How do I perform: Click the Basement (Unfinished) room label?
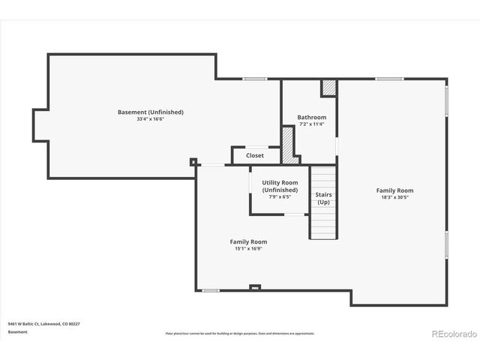[150, 112]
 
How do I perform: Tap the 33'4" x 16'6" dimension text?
[150, 118]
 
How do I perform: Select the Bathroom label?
[311, 117]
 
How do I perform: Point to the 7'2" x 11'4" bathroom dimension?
[311, 124]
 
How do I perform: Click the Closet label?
[255, 155]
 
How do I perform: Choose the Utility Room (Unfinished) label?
[280, 187]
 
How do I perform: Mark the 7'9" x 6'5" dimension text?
[280, 197]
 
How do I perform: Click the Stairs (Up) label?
[324, 198]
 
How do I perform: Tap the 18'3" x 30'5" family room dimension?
[394, 197]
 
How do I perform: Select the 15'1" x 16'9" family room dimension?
[248, 248]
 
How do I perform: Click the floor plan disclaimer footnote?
[240, 333]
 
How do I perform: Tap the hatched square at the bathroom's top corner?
[328, 87]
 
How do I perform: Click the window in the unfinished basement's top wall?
[255, 79]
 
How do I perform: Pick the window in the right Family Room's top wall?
[389, 79]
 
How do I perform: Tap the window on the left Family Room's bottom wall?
[211, 290]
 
